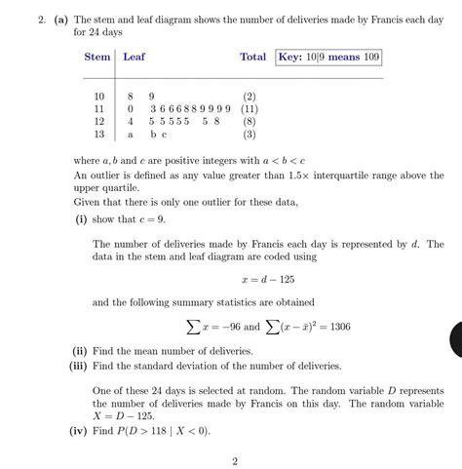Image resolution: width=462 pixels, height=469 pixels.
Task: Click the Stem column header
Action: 96,58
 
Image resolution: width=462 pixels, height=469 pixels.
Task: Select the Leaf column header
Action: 135,58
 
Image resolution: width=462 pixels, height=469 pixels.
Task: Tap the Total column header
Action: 252,58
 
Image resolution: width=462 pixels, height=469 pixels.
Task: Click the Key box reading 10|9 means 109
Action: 328,58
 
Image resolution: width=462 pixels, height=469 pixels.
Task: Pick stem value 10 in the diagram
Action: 97,97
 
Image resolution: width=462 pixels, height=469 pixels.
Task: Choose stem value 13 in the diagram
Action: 97,135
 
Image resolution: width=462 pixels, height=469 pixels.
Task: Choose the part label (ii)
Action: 79,350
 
